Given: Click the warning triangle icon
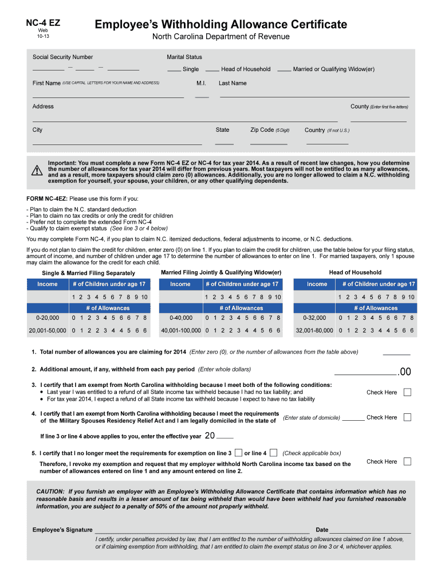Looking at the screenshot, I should (37, 170).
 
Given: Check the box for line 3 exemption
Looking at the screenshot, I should (407, 393).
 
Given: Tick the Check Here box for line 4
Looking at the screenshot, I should (407, 417).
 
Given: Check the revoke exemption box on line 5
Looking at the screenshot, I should (407, 461).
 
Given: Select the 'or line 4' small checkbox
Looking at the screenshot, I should (273, 453).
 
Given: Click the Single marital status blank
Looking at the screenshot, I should (174, 70).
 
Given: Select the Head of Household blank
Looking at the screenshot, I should (212, 70).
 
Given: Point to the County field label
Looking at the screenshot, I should (359, 107).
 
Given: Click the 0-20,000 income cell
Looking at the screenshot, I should (47, 318).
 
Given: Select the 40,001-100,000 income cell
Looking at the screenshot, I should (180, 331).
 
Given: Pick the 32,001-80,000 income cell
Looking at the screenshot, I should (314, 331).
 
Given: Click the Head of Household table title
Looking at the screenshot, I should (355, 272).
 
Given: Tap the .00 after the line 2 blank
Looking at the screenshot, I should (404, 372).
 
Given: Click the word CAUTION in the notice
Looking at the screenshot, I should (50, 491).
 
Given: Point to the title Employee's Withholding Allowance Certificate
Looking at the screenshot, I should (220, 24).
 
